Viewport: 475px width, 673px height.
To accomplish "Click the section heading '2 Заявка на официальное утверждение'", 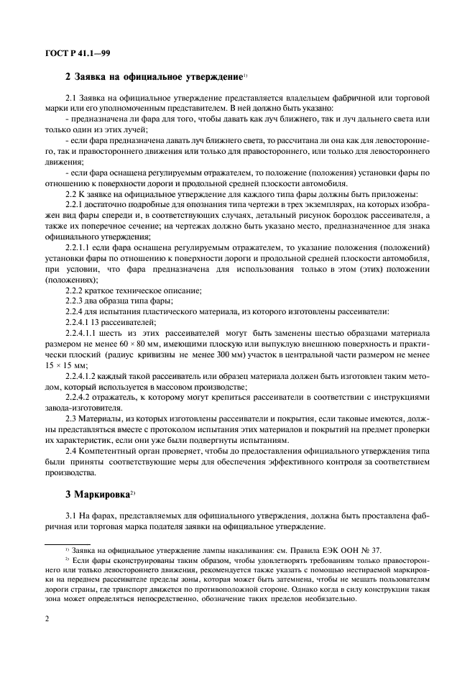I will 153,76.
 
